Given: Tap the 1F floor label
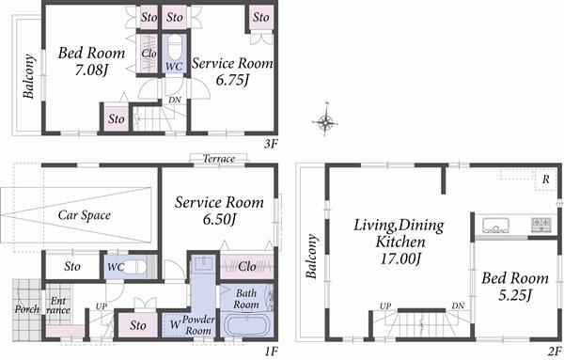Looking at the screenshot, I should point(271,352).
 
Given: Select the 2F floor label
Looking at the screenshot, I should point(554,352).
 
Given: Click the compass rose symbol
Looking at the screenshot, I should point(325,122).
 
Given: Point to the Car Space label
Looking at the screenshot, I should point(85,215).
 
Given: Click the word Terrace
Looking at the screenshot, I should point(218,159).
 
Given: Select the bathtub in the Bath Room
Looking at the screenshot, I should point(248,325).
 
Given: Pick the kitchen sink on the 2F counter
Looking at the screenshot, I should point(495,225).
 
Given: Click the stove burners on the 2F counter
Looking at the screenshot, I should point(542,225).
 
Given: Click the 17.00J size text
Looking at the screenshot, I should point(399,258).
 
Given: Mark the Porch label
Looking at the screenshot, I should point(25,308).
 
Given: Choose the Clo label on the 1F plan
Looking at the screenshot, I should point(247,266).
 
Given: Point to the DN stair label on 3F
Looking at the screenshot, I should point(174,99).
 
